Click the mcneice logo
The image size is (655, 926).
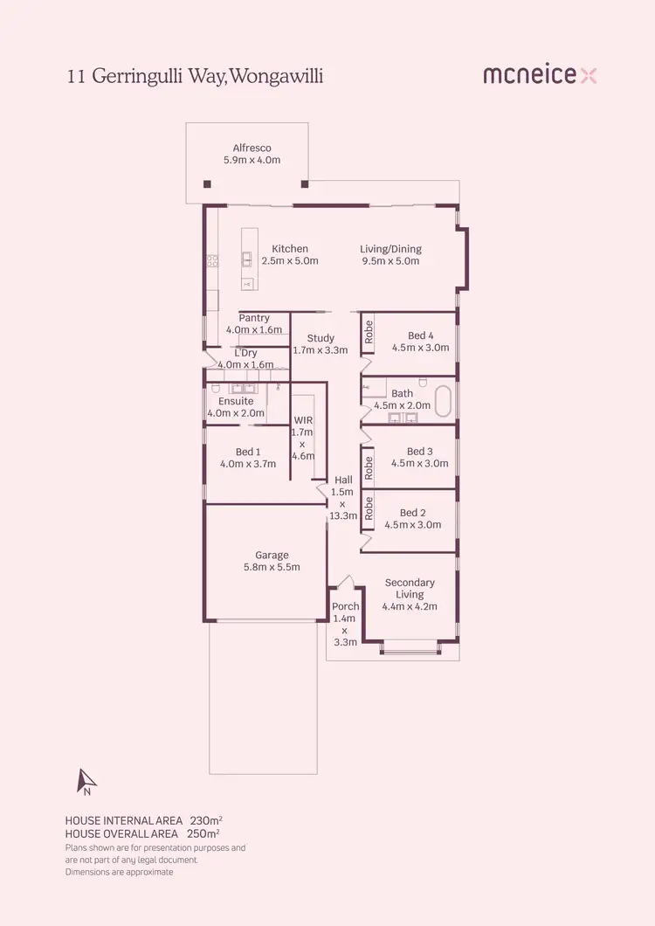click(x=540, y=76)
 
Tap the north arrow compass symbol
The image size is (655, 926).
click(x=86, y=781)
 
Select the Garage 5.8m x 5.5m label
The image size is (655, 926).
click(x=272, y=561)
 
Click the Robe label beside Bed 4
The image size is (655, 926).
click(x=369, y=332)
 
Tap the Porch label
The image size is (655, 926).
click(x=346, y=606)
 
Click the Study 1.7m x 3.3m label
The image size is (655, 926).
click(x=321, y=344)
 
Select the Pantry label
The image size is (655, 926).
click(x=254, y=318)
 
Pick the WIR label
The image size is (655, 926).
click(x=303, y=420)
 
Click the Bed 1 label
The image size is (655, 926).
click(x=248, y=452)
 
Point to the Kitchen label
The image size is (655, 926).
click(x=290, y=249)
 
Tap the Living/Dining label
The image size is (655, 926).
click(x=390, y=249)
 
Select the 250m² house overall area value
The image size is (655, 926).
click(x=203, y=833)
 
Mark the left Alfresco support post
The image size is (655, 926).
click(x=207, y=184)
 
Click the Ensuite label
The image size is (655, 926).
click(x=236, y=401)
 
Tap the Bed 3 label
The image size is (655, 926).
click(x=419, y=452)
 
